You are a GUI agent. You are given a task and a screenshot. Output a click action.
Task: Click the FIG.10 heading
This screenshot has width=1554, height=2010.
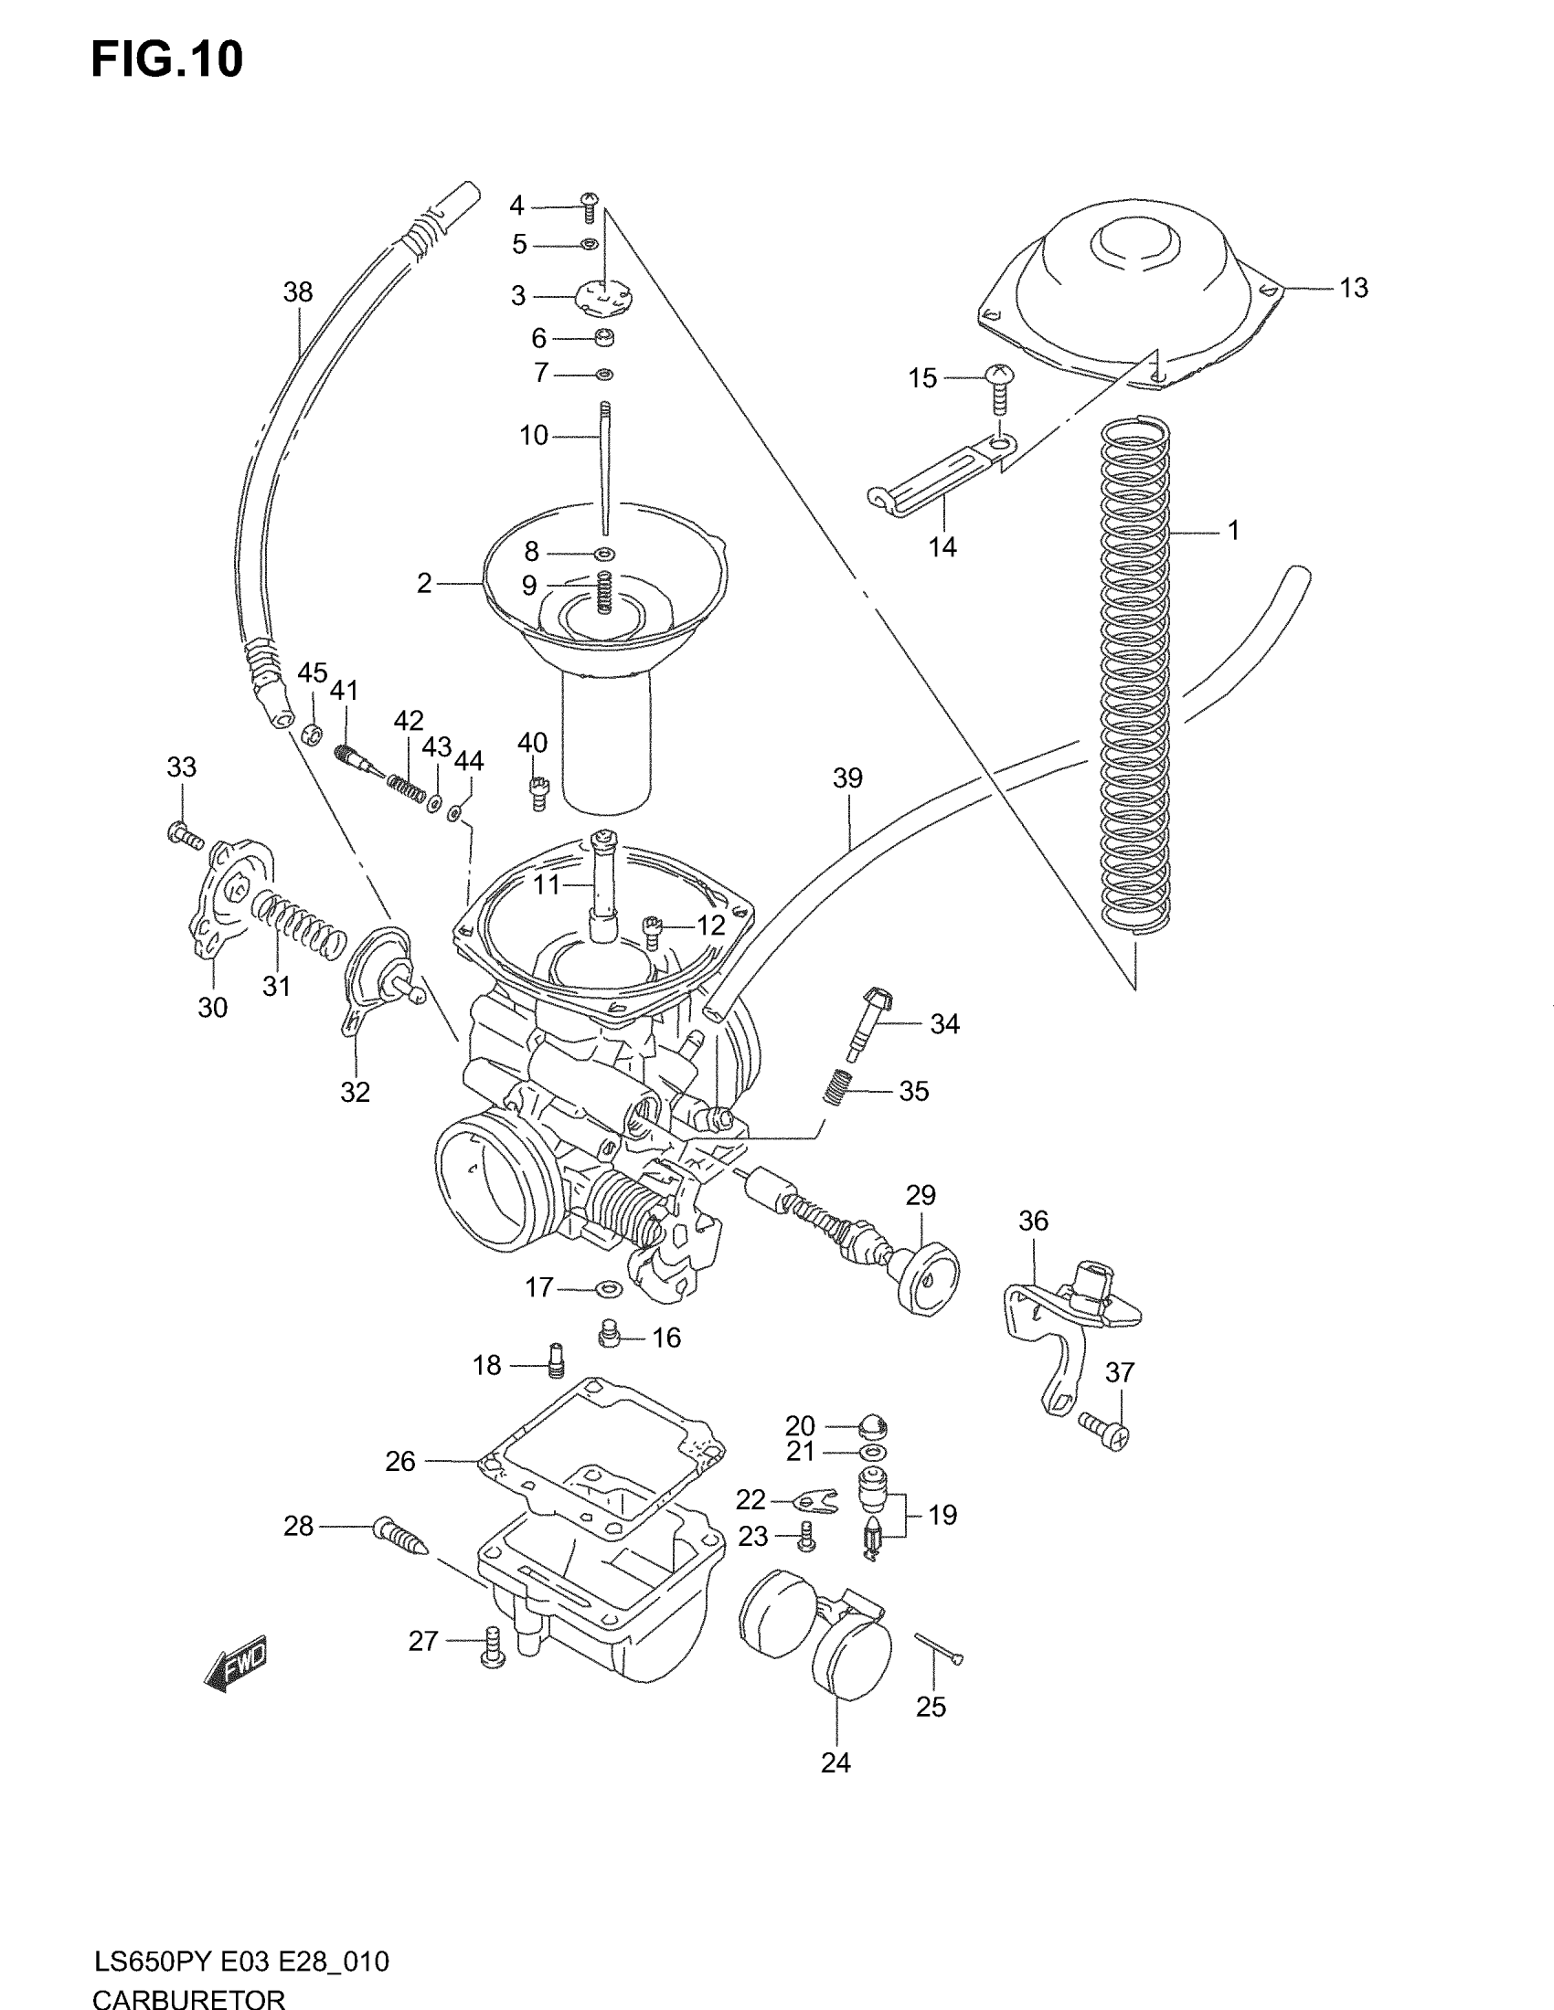[166, 58]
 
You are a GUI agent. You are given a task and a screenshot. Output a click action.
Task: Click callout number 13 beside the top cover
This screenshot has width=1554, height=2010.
[1353, 288]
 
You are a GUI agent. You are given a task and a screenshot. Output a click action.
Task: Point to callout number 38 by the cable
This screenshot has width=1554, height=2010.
[297, 291]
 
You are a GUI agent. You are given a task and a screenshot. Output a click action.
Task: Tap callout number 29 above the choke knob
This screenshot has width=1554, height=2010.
[920, 1195]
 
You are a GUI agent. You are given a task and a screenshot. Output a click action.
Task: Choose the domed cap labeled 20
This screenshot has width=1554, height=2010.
[871, 1425]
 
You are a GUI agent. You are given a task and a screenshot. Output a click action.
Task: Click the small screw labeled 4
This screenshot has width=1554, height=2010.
[590, 207]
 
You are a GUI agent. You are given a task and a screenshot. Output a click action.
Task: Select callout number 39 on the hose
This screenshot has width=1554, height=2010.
[847, 778]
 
